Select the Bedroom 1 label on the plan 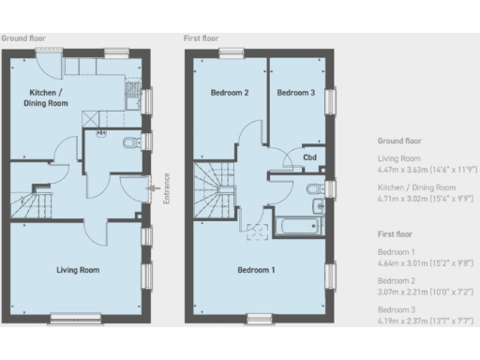(257, 270)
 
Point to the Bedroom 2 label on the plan (228, 93)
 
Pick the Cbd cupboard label (308, 157)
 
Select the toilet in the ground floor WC (128, 143)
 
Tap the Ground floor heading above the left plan (22, 38)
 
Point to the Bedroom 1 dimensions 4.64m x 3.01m (424, 263)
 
